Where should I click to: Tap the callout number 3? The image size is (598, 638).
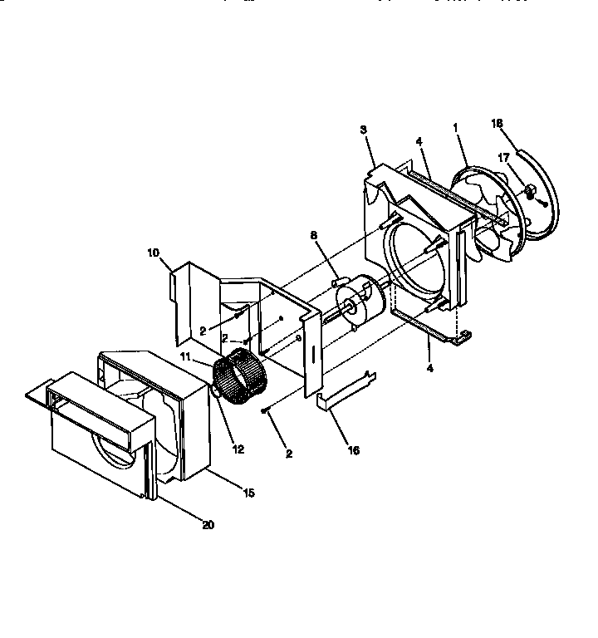coord(363,130)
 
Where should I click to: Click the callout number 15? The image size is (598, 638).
coord(248,493)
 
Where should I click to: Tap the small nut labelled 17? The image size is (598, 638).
coord(526,194)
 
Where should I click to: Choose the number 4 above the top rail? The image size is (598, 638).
coord(420,141)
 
